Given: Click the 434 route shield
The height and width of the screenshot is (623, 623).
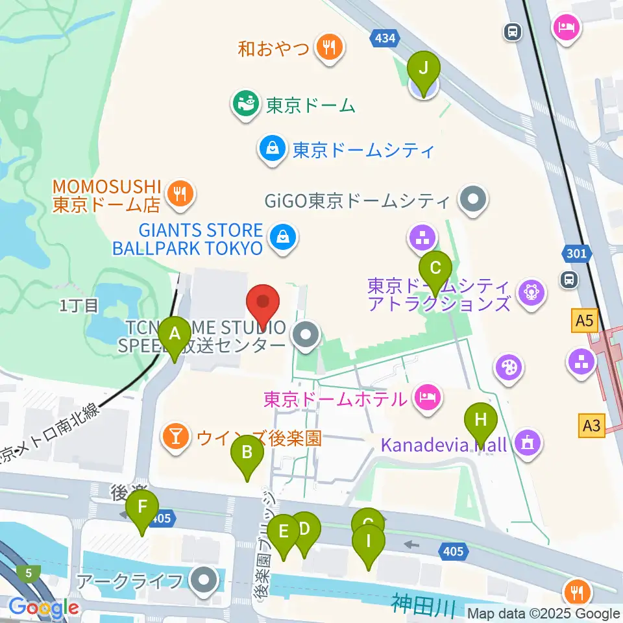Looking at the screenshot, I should pyautogui.click(x=384, y=39).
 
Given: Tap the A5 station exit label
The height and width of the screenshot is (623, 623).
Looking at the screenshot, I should pyautogui.click(x=584, y=320).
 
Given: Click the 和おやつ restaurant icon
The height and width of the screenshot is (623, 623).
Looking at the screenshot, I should pyautogui.click(x=330, y=48).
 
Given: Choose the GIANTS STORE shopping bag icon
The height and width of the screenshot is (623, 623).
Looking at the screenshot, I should pyautogui.click(x=284, y=238).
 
